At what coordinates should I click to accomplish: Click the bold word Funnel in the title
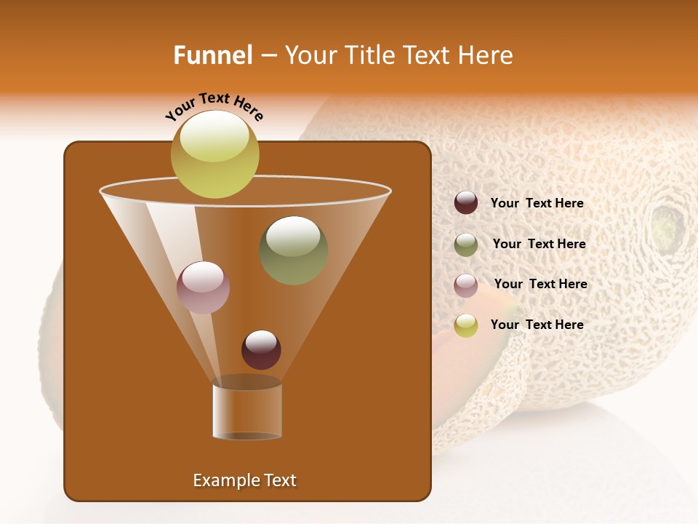coord(212,55)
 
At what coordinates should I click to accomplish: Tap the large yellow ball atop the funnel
coord(214,154)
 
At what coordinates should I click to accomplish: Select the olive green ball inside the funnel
coord(293,250)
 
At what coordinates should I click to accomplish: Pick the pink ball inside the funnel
coord(203,287)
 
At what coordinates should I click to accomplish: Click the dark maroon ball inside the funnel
coord(261,350)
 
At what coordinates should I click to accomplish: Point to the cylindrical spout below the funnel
coord(247,411)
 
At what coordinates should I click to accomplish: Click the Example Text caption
coord(244,480)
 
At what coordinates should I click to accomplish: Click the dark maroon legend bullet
coord(466,203)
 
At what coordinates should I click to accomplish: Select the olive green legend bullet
coord(466,245)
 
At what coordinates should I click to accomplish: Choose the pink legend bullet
coord(466,285)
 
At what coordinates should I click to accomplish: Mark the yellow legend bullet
coord(466,325)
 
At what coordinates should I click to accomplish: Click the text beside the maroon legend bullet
coord(537,204)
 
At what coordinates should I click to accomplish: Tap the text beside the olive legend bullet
coord(539,245)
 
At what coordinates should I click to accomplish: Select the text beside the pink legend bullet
coord(540,285)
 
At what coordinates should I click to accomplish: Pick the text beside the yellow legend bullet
coord(537,325)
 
